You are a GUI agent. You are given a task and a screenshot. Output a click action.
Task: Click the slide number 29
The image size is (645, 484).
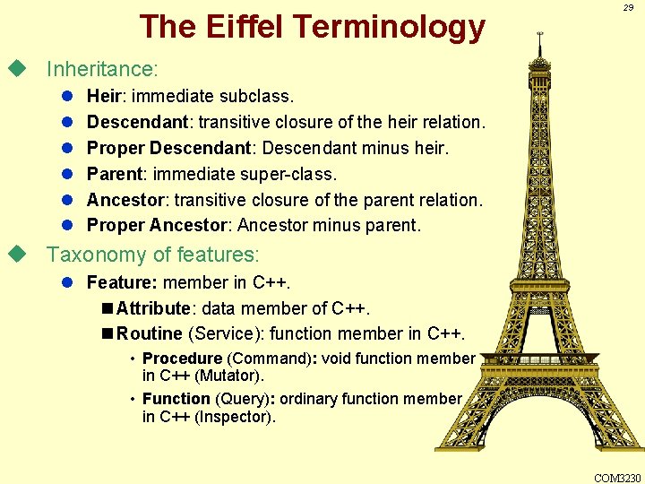click(x=628, y=7)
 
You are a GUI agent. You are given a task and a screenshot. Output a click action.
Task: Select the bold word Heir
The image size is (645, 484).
click(x=105, y=95)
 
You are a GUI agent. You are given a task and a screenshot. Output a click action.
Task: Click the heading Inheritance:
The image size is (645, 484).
click(x=102, y=69)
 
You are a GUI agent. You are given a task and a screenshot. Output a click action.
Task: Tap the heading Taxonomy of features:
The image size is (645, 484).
click(x=152, y=255)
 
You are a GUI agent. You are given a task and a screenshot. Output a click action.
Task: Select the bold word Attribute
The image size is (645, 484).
click(x=153, y=308)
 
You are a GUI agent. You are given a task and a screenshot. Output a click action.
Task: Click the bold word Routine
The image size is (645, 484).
click(x=150, y=334)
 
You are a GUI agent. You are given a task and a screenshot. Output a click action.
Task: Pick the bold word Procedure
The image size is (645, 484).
click(x=182, y=359)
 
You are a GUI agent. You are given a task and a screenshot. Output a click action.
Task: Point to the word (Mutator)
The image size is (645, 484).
click(x=229, y=376)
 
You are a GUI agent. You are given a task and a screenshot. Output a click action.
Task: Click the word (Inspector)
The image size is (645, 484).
click(x=236, y=417)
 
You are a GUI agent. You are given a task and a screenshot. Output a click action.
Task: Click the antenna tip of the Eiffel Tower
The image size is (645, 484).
click(x=540, y=33)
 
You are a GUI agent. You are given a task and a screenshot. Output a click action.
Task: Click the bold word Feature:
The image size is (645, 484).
click(x=122, y=282)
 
